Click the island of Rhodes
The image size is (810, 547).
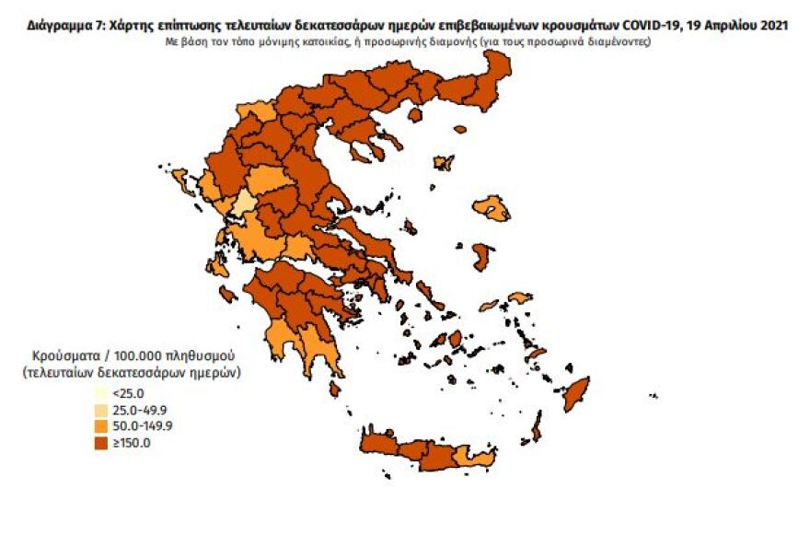pyautogui.click(x=577, y=394)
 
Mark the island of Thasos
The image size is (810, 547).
pyautogui.click(x=414, y=115)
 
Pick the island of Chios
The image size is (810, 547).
pyautogui.click(x=480, y=256)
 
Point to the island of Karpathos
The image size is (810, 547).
pyautogui.click(x=536, y=425)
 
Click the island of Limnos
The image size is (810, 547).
pyautogui.click(x=444, y=163)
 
